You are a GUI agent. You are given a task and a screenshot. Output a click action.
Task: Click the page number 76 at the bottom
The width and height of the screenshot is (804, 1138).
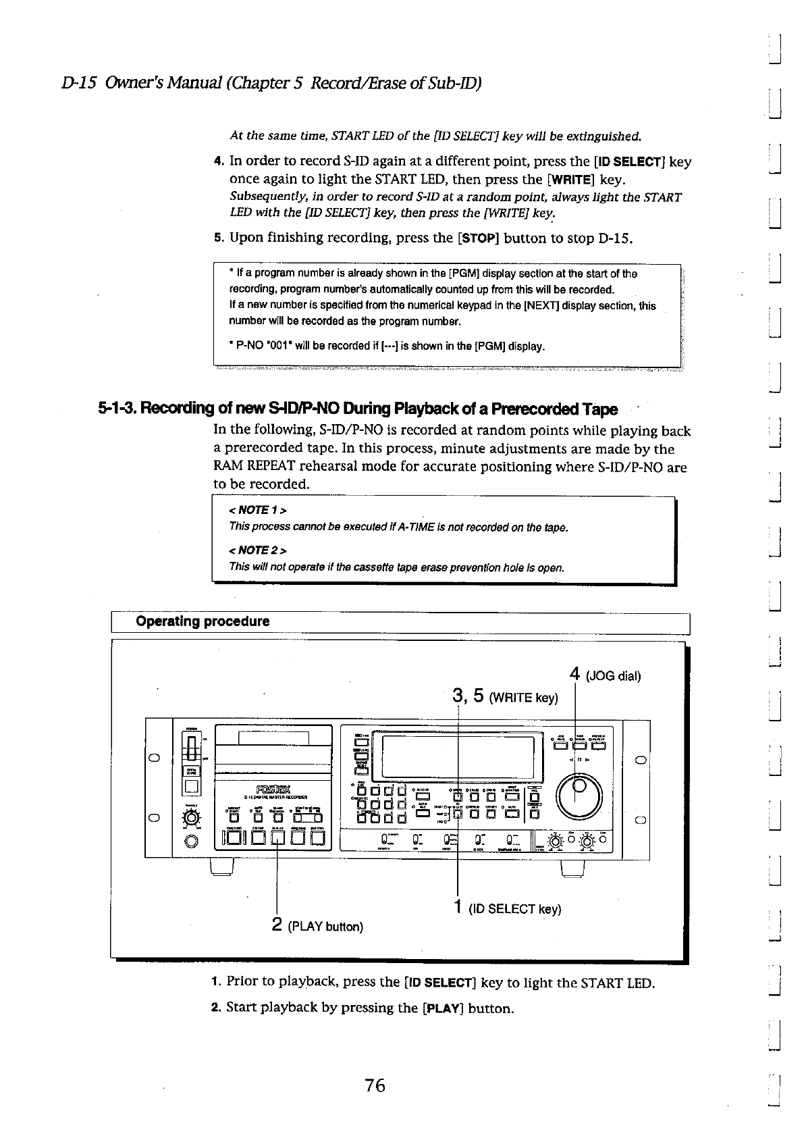pyautogui.click(x=375, y=1085)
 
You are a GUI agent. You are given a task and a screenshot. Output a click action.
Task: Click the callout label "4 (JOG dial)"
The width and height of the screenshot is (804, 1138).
pyautogui.click(x=605, y=675)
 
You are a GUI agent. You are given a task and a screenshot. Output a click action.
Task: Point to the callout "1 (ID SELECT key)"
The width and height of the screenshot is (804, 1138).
pyautogui.click(x=507, y=908)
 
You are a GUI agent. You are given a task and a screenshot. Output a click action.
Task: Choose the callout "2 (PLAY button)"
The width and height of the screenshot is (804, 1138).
pyautogui.click(x=317, y=925)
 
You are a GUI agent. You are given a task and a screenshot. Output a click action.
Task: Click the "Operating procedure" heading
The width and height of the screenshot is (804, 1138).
pyautogui.click(x=203, y=621)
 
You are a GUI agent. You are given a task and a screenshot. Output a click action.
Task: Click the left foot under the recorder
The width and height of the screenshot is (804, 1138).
pyautogui.click(x=222, y=866)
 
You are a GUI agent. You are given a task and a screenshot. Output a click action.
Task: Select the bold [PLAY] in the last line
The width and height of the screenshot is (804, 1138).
pyautogui.click(x=441, y=1008)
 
